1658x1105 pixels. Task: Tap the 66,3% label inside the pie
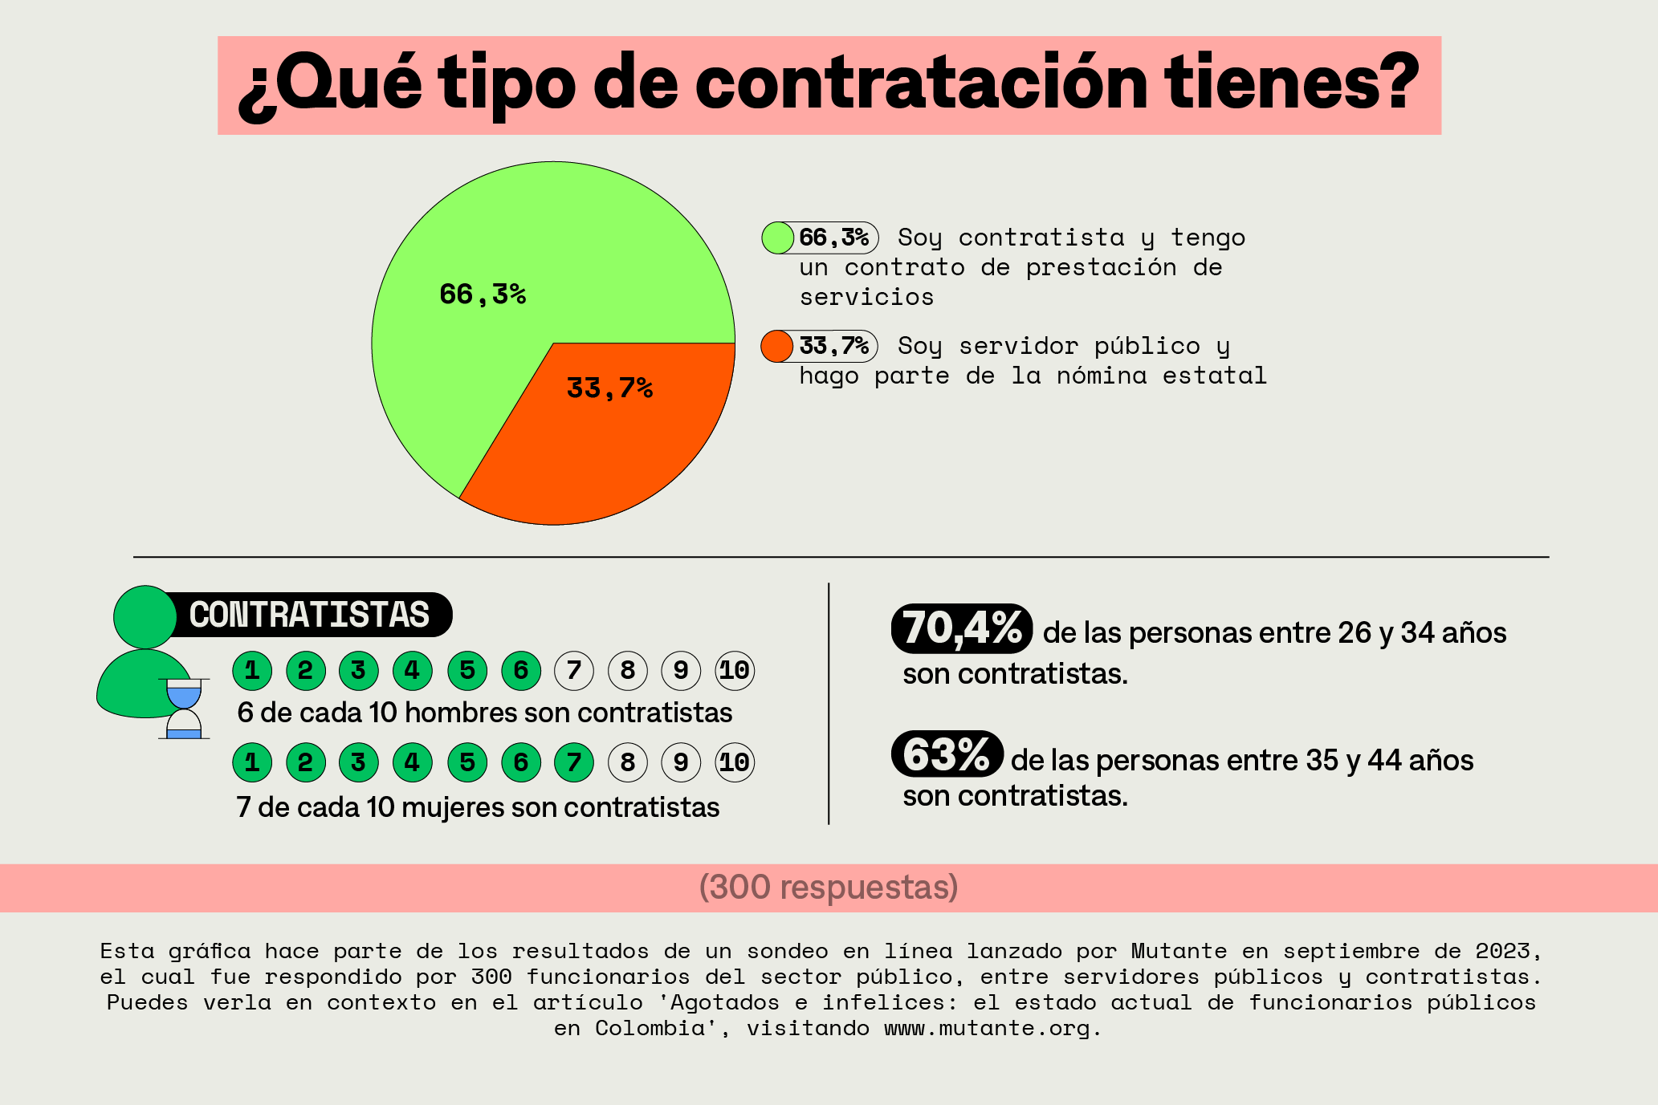483,295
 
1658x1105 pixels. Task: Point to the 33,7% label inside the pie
609,388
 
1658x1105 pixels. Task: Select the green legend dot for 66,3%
777,238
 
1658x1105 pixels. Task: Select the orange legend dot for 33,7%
776,346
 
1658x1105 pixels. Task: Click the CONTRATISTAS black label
310,615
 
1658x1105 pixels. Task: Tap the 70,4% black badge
961,628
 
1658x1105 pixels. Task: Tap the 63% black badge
947,754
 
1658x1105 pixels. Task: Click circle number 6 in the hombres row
520,670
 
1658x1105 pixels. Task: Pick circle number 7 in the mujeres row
574,762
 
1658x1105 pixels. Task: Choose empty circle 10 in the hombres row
735,670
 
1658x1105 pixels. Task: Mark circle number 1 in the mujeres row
252,762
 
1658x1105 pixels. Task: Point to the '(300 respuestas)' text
829,888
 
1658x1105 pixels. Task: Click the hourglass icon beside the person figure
184,709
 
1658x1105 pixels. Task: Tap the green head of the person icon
145,616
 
